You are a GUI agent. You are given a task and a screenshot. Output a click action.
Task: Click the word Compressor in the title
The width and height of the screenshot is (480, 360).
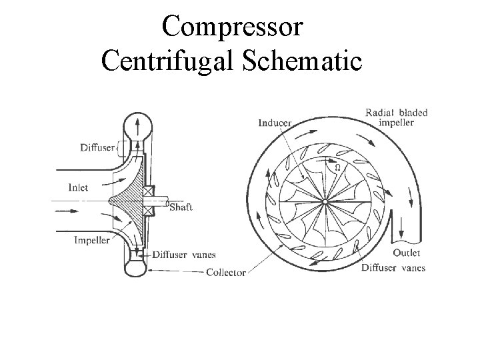[x=233, y=27]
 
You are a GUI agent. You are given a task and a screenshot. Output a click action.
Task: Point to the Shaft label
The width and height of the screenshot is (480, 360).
[x=181, y=207]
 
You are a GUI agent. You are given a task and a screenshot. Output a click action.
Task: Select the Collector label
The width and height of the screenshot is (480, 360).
[x=226, y=272]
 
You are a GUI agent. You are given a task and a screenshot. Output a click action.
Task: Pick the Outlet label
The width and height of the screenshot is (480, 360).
[x=406, y=253]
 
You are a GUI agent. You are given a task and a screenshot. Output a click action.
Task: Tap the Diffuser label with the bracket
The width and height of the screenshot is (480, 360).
[x=97, y=147]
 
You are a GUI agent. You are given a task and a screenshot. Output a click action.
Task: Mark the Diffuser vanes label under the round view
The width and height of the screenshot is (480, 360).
[x=393, y=268]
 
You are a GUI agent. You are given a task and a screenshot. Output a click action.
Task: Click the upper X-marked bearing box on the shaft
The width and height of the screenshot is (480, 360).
[x=148, y=191]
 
